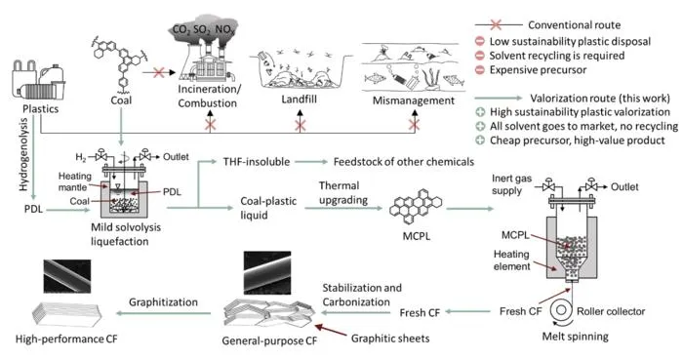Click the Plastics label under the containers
(x=41, y=108)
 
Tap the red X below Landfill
(x=300, y=126)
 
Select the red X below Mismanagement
(x=415, y=126)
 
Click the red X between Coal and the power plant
(x=158, y=72)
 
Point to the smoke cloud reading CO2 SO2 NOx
(x=203, y=30)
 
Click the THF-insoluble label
(x=257, y=162)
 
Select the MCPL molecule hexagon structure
(x=416, y=208)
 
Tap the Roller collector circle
(x=561, y=310)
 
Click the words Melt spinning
(x=575, y=337)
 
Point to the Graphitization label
(x=163, y=302)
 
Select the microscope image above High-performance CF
(x=67, y=276)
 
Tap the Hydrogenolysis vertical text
(x=23, y=154)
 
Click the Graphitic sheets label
(x=390, y=339)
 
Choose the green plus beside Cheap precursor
(x=480, y=140)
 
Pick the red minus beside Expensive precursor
(x=480, y=69)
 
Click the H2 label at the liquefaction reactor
(x=81, y=157)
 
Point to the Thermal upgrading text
(x=343, y=193)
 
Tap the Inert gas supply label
(x=512, y=184)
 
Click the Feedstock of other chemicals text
(x=404, y=162)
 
